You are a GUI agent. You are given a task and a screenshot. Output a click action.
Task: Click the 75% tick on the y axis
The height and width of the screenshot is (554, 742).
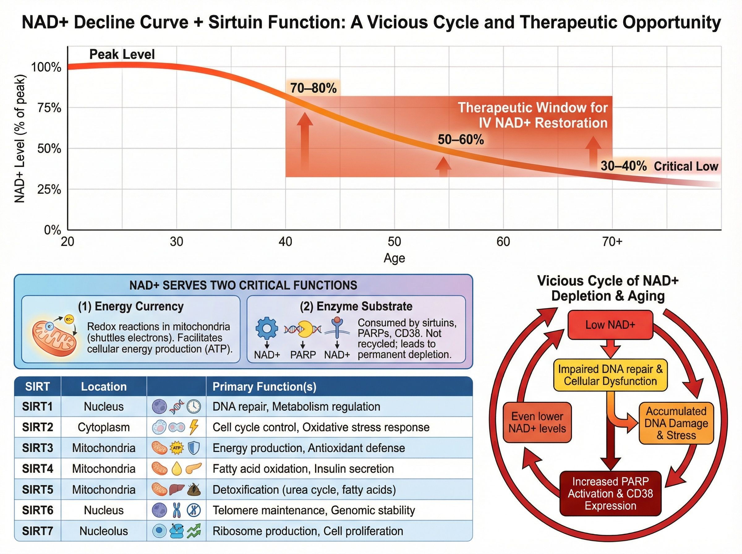click(x=49, y=108)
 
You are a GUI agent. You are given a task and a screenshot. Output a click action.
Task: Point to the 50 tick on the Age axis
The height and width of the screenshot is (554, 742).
click(x=394, y=241)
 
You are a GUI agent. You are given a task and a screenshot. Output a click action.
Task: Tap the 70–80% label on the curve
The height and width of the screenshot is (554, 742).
click(x=313, y=88)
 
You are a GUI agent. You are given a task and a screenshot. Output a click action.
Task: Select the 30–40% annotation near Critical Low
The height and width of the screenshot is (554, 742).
click(x=623, y=166)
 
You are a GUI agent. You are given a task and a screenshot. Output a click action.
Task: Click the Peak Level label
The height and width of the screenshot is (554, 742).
click(x=122, y=54)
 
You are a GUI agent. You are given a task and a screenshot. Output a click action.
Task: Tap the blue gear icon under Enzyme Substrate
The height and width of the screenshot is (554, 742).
click(x=267, y=328)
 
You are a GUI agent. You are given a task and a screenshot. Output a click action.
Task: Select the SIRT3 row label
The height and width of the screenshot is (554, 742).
click(x=37, y=448)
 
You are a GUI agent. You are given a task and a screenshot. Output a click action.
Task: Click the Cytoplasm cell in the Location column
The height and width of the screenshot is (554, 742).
click(x=104, y=427)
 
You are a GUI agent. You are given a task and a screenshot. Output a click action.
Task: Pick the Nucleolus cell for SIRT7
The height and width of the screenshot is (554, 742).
click(x=104, y=531)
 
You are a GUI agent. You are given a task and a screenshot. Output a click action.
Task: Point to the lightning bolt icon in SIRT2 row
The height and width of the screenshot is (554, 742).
click(x=194, y=427)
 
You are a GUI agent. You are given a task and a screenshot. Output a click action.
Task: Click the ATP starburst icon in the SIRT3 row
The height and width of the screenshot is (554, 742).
click(x=177, y=448)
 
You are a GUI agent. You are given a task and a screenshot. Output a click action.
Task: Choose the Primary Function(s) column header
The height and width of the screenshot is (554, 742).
click(x=264, y=387)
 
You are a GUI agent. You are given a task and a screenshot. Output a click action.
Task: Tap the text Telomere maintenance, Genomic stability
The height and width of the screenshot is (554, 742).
click(x=313, y=510)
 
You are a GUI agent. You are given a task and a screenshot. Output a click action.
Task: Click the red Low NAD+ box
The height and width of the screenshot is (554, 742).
click(x=610, y=325)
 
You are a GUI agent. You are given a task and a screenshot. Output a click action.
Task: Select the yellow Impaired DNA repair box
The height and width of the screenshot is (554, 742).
click(x=610, y=375)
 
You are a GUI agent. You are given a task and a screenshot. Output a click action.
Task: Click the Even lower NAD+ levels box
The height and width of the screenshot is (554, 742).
click(x=537, y=423)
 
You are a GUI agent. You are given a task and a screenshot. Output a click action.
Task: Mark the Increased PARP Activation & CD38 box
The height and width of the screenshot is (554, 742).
click(x=610, y=494)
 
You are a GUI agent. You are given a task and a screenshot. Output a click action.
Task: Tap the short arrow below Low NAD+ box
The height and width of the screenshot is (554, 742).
click(x=610, y=349)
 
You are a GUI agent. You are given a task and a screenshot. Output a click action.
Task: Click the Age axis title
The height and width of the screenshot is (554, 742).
click(x=394, y=258)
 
